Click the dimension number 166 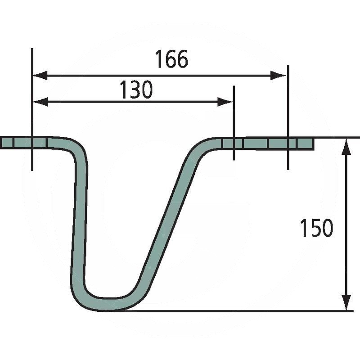point(171,59)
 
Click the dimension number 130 point(136,90)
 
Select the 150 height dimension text point(316,228)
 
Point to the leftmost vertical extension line point(32,112)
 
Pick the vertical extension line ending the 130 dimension point(234,121)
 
